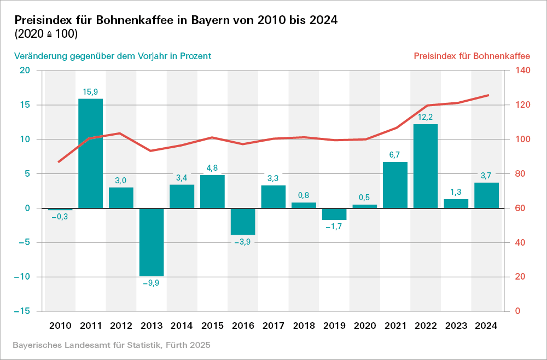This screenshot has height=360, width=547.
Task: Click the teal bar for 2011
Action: (90, 153)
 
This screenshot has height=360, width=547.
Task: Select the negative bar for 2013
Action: (152, 242)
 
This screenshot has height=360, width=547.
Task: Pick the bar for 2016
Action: (243, 222)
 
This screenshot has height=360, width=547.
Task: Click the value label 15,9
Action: (90, 92)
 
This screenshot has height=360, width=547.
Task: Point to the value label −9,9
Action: (151, 283)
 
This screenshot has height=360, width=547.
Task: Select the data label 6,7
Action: (395, 155)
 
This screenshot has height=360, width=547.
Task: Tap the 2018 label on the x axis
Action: (304, 326)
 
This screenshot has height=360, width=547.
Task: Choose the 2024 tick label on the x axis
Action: (486, 326)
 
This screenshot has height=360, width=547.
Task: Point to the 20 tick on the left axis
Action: (25, 71)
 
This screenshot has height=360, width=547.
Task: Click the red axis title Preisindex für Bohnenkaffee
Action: (472, 56)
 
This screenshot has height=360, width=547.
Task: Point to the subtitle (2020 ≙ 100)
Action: (46, 34)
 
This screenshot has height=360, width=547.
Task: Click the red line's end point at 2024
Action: (488, 95)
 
